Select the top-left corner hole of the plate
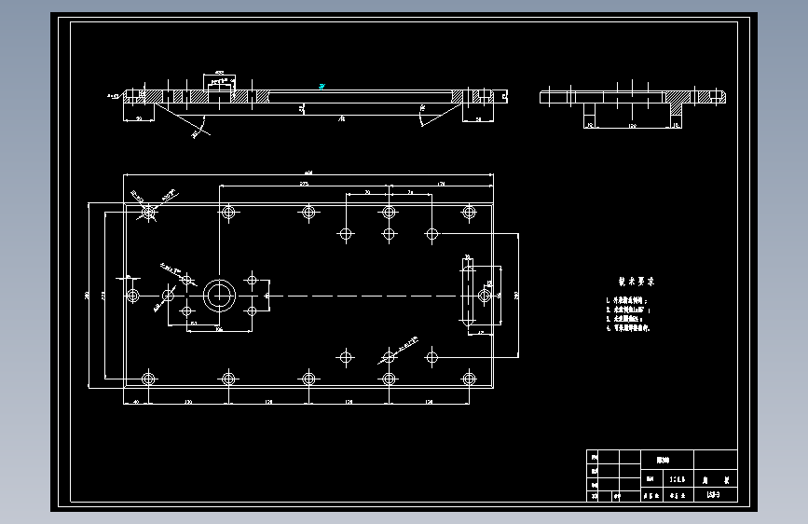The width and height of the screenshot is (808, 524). point(148,214)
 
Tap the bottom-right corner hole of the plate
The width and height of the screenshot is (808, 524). point(469,379)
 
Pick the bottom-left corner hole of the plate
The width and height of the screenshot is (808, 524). point(148,379)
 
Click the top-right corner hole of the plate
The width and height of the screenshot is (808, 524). point(469,214)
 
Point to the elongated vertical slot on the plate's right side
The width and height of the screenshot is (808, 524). point(467,295)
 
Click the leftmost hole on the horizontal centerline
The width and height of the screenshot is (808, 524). point(133,296)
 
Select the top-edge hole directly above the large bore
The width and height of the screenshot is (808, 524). point(228,214)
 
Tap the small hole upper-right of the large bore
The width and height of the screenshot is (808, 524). point(252,279)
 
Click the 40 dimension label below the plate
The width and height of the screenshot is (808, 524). point(136,401)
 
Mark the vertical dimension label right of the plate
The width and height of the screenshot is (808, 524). point(516,295)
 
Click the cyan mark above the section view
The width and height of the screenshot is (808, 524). point(321,87)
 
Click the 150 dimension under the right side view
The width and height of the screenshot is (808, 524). point(632,124)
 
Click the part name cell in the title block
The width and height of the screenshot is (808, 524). point(663,460)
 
